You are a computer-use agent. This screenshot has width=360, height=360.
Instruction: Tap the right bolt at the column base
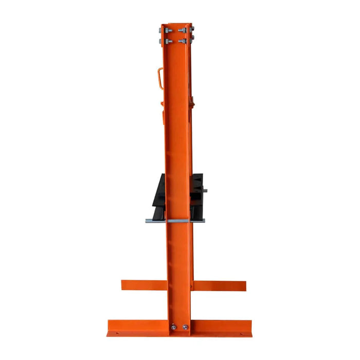(x=185, y=327)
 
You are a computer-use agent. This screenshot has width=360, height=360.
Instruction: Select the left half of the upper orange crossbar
(x=143, y=284)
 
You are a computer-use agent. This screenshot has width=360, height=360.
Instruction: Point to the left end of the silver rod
(x=148, y=221)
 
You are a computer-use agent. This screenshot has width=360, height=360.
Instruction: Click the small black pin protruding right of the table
(x=205, y=191)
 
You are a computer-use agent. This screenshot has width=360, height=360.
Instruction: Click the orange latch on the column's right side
(x=194, y=103)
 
